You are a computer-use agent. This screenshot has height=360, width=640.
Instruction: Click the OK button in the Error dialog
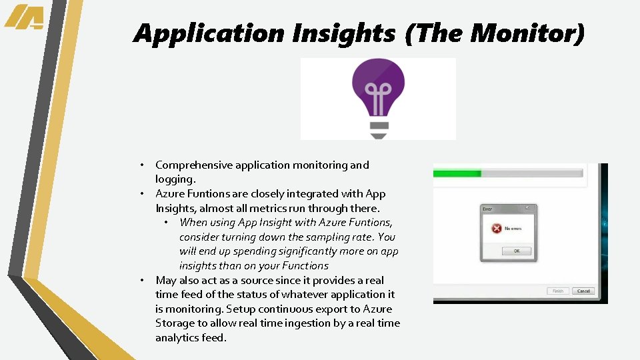pos(516,251)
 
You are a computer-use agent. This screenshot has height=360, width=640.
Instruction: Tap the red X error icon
pos(496,229)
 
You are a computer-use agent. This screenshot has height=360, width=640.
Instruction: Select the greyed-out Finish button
pos(557,291)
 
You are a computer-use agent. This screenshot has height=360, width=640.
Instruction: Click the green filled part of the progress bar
pos(457,173)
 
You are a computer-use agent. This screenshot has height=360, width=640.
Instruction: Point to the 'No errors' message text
pos(513,229)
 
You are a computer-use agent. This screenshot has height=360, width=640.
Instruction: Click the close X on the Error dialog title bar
pos(531,209)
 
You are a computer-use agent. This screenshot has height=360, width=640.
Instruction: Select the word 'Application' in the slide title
pos(201,33)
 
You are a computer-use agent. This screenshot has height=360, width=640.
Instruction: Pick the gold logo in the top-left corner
pos(25,17)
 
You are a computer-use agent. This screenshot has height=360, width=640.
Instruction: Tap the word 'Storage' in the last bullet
pos(175,323)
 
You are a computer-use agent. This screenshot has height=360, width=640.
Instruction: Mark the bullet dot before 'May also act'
pos(143,281)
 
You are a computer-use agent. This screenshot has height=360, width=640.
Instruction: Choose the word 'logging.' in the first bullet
pos(175,179)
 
